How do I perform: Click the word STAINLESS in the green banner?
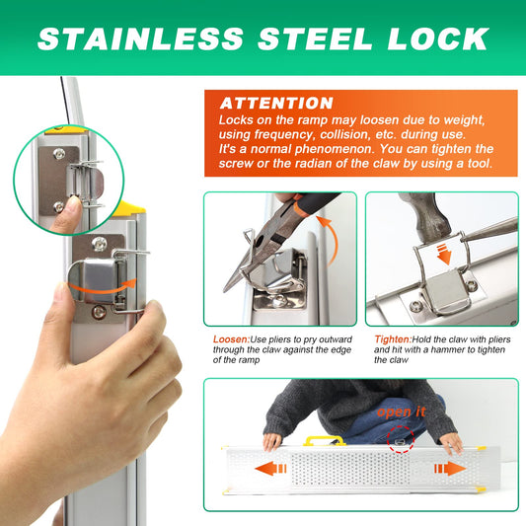[141, 38]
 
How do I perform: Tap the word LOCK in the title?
[438, 38]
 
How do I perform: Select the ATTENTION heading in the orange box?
[276, 104]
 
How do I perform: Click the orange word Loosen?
[231, 339]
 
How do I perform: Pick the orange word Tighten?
[393, 339]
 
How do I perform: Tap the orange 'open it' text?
[402, 412]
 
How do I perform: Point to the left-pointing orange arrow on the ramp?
[270, 469]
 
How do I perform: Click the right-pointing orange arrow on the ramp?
[450, 469]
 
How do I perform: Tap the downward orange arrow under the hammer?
[444, 254]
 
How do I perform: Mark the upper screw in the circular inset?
[59, 154]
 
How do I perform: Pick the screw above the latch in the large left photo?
[100, 244]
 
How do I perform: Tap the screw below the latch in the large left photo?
[99, 312]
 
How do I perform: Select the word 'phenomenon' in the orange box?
[335, 149]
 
